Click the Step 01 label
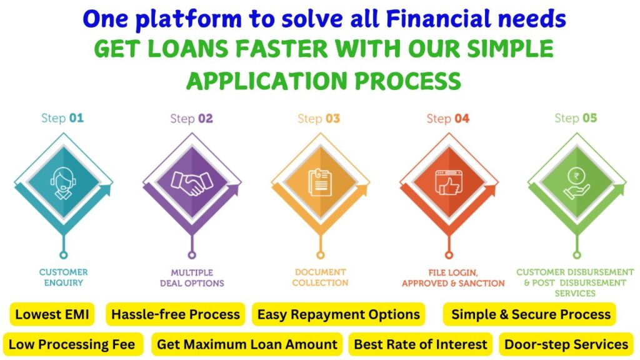pos(62,118)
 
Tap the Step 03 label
pos(319,119)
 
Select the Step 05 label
pos(576,118)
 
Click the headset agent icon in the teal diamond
pos(63,183)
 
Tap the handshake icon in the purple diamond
pos(192,183)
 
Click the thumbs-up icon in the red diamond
pos(449,182)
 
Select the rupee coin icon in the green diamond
pos(576,184)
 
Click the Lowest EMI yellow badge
pos(52,314)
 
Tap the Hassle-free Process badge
pos(176,314)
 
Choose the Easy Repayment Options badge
pos(339,314)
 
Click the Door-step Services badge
pos(566,344)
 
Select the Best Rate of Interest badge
pos(421,344)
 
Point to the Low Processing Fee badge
pos(72,344)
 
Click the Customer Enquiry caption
pos(63,277)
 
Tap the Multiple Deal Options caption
pos(192,278)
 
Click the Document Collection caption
pos(321,277)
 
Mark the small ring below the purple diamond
pos(192,255)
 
